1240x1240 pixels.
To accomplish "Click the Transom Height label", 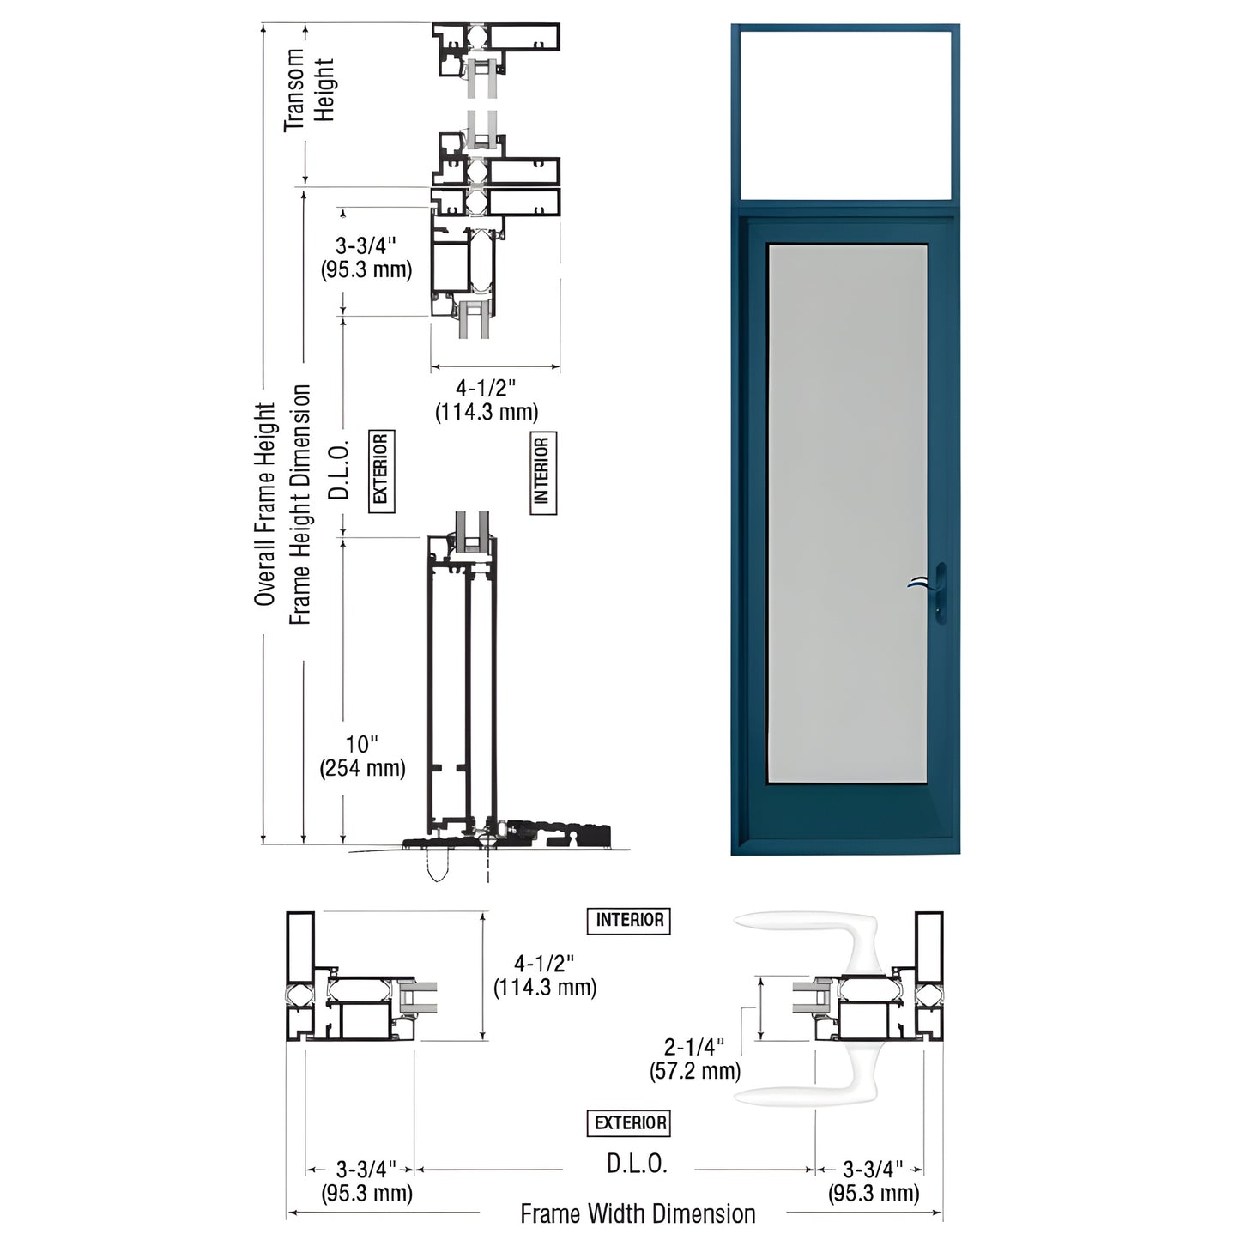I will pos(309,89).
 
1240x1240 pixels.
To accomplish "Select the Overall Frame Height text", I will pos(264,505).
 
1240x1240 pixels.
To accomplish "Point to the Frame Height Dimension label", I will pos(299,505).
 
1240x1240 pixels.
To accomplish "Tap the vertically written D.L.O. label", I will pos(341,470).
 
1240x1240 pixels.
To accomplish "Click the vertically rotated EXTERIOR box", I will pos(381,471).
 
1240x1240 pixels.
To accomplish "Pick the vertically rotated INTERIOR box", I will pos(541,473).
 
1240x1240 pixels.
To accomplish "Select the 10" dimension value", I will pos(362,744).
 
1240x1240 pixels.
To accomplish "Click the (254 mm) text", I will pos(362,768).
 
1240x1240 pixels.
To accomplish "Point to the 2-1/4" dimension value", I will pos(693,1047).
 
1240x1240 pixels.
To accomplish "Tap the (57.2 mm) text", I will pos(694,1070).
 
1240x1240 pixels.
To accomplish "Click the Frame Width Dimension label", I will pos(638,1213).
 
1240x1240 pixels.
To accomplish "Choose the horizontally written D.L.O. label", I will pos(637,1164).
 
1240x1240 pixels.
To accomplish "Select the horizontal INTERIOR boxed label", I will pos(629,920).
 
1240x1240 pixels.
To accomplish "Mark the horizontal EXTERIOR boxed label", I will pos(630,1122).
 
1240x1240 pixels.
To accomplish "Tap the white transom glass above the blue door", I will pos(845,116).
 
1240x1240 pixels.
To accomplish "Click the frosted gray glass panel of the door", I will pos(847,513).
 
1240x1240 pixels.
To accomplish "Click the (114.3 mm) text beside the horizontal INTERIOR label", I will pos(544,987).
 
